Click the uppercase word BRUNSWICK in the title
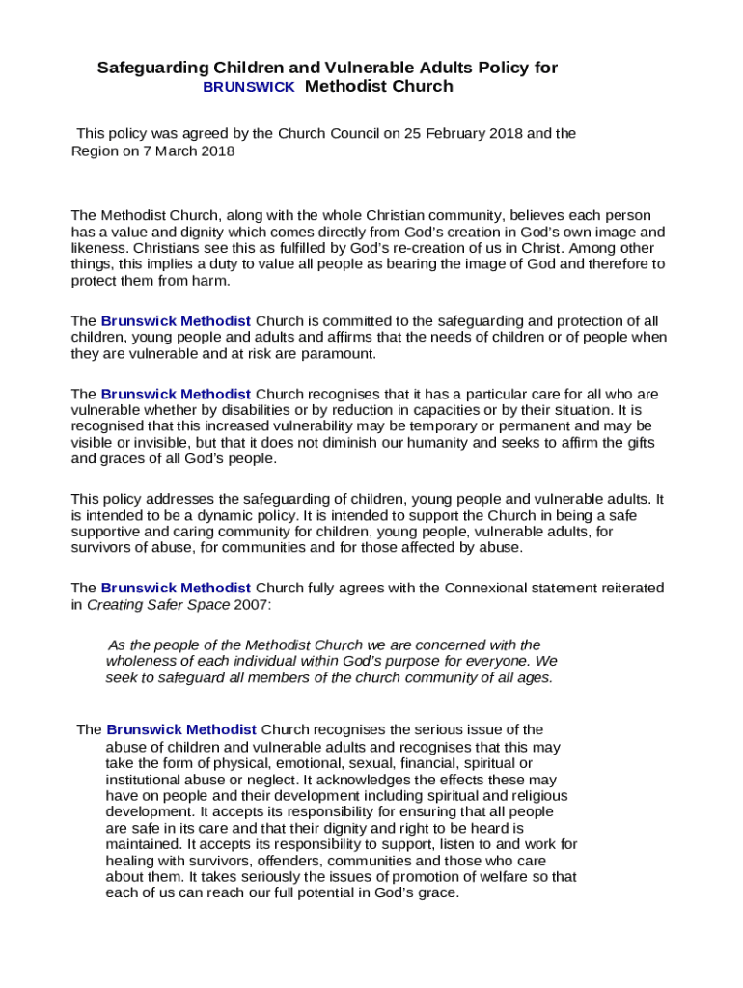coord(249,87)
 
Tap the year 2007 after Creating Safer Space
coord(251,605)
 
